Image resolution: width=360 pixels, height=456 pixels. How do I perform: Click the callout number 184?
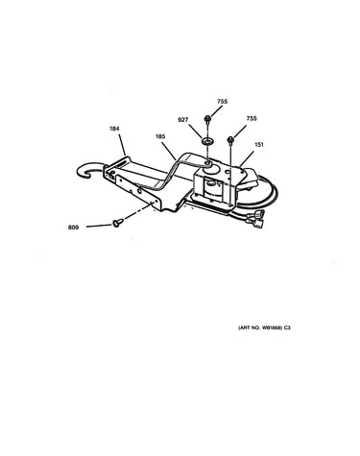point(114,129)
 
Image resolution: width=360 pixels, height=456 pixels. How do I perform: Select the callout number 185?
point(160,136)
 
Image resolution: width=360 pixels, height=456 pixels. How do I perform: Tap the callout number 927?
point(182,120)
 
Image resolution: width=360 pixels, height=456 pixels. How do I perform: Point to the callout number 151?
point(259,145)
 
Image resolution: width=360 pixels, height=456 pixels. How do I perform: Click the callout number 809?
point(73,228)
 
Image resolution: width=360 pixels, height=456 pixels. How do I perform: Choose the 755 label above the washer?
point(222,102)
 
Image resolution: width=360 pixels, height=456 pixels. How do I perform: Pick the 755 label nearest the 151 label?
point(252,118)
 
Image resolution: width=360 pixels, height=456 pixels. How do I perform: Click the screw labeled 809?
point(116,223)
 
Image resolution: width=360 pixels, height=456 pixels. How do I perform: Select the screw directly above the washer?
point(207,120)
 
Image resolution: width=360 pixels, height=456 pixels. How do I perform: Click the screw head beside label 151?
point(230,139)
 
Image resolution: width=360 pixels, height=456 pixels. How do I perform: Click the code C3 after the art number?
point(287,327)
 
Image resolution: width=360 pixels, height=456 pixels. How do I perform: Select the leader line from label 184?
point(122,144)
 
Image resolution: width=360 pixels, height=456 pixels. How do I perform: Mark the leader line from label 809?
point(100,226)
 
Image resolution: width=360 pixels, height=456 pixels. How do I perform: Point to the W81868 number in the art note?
point(272,327)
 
